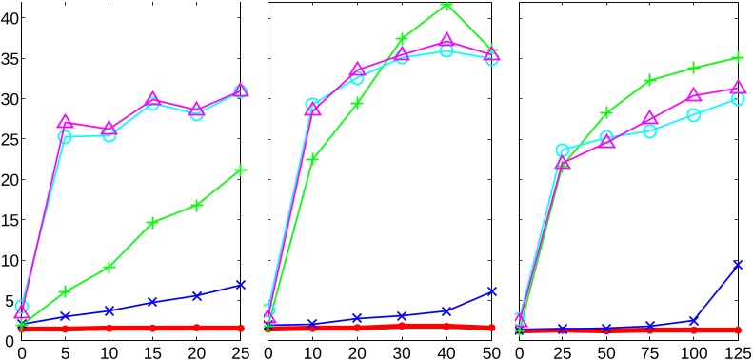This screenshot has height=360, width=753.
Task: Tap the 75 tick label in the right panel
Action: [650, 350]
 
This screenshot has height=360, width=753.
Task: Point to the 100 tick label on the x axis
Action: [693, 350]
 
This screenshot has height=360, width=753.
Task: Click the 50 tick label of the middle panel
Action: [491, 350]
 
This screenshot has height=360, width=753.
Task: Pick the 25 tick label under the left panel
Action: [241, 350]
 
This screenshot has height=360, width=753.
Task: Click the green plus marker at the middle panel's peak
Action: [446, 5]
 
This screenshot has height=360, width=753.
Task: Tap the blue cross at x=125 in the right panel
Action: [737, 264]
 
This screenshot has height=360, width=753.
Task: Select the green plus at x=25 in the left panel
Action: [241, 170]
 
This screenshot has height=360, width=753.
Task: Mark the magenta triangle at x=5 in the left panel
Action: [66, 122]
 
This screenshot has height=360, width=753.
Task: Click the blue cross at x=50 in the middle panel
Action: [491, 291]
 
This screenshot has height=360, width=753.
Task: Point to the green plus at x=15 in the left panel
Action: [153, 223]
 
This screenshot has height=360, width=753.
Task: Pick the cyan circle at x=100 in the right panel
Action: [694, 115]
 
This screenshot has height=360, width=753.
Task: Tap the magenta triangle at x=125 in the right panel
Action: [737, 88]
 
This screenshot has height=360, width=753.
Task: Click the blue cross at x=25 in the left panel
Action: [241, 285]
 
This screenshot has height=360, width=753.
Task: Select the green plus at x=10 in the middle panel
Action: [312, 158]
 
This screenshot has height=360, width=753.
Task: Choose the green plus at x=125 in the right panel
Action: [737, 58]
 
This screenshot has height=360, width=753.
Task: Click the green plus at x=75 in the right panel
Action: [650, 81]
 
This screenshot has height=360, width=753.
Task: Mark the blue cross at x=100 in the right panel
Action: [694, 321]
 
